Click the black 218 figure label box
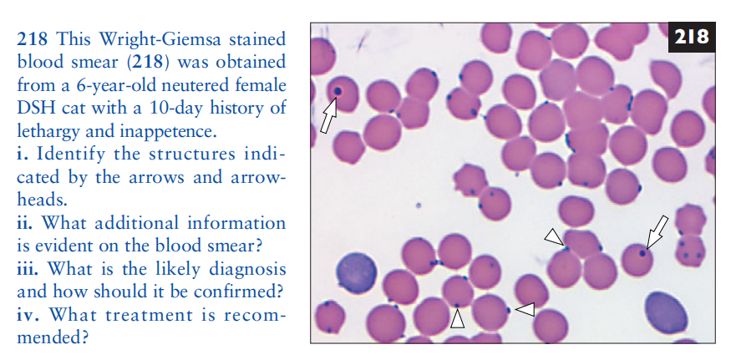692,37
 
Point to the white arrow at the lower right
657,231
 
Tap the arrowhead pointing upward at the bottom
457,319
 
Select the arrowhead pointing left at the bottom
525,309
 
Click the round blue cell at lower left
356,274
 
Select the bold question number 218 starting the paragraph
33,38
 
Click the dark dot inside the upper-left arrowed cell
337,90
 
